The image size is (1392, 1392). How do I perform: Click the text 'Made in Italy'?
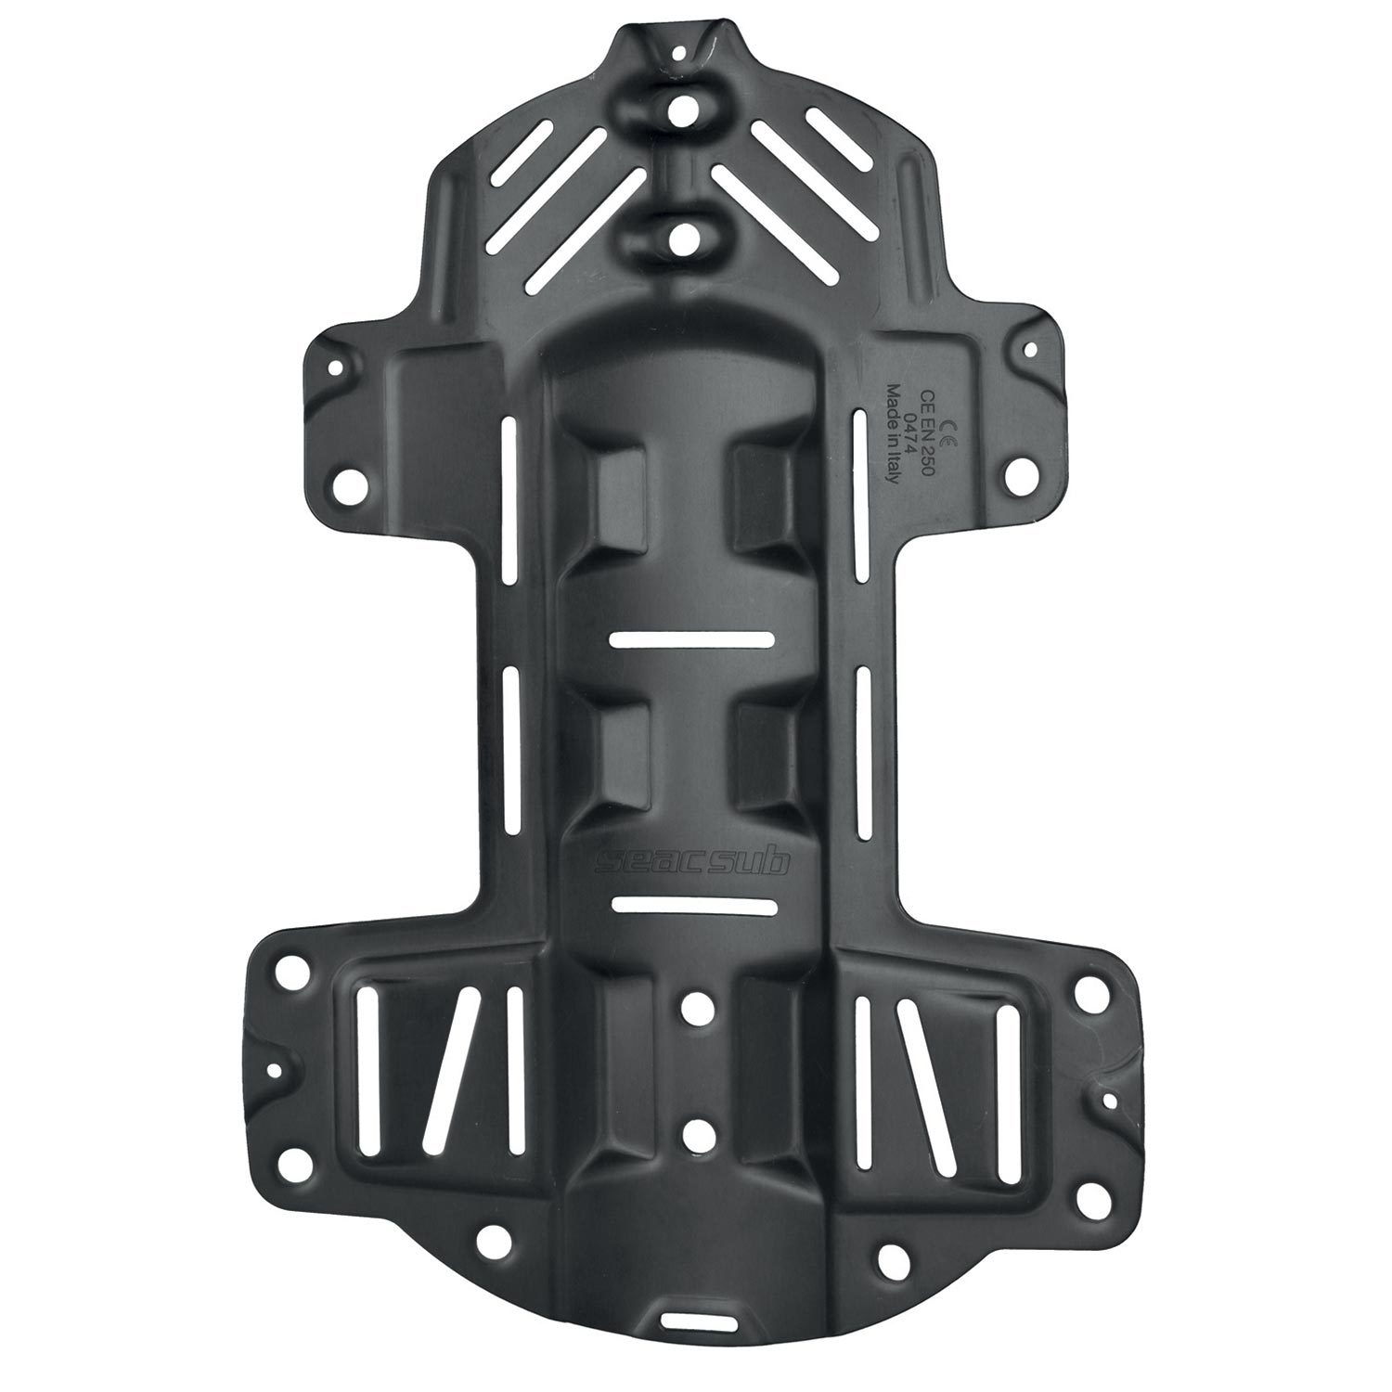(x=893, y=434)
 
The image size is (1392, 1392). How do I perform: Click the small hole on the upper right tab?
(x=1029, y=350)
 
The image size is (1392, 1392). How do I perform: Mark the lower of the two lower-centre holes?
(x=694, y=1133)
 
